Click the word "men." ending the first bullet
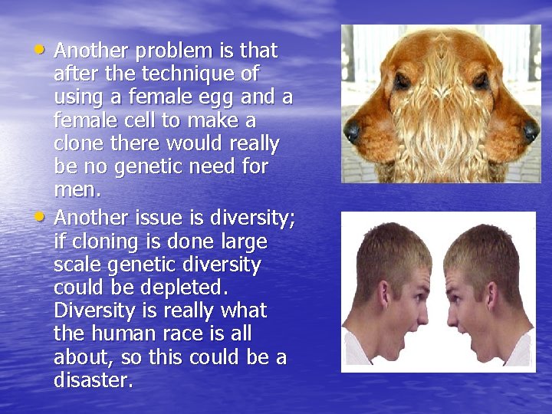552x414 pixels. click(77, 189)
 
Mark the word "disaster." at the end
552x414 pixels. click(94, 380)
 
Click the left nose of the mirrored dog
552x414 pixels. click(353, 132)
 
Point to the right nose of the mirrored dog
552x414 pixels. click(530, 132)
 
